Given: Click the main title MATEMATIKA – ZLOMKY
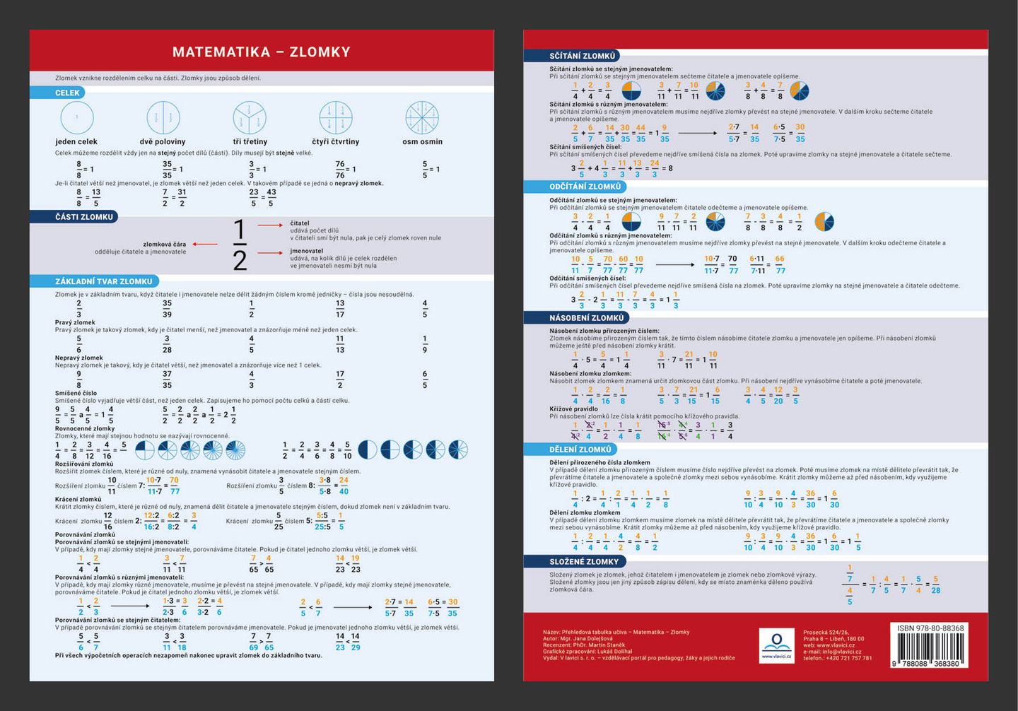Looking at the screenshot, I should coord(261,52).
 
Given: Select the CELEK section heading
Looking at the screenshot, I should coord(67,93).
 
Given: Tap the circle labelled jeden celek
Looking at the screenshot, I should coord(77,117).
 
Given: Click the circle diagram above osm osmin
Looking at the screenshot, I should coord(422,117).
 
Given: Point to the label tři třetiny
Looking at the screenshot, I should coord(250,141).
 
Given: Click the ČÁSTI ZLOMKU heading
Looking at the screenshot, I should coord(83,217).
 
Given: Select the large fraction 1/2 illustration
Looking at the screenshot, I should coord(240,245).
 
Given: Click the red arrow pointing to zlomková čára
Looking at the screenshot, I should coord(205,245).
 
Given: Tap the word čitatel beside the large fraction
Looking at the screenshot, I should coord(300,223).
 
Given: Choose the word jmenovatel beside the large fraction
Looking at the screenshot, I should coord(306,251).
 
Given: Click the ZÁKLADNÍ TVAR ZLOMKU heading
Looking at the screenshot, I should coord(103,281).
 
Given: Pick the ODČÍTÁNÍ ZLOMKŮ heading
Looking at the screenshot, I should coord(585,187).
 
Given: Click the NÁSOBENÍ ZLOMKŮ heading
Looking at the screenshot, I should coord(586,318).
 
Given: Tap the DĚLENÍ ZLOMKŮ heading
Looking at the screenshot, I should coord(580,449).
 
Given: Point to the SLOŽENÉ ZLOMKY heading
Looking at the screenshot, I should coord(583,562).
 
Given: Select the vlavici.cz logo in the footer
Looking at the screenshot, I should coord(776,645).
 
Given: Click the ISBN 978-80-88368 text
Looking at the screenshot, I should coord(930,628).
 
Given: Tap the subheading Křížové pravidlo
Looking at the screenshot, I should coord(573,409).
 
